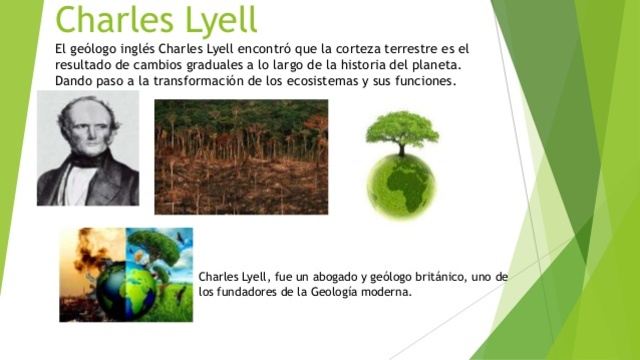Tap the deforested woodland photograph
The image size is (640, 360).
[241, 157]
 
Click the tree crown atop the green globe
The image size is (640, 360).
[401, 129]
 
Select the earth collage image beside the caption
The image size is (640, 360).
[126, 274]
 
